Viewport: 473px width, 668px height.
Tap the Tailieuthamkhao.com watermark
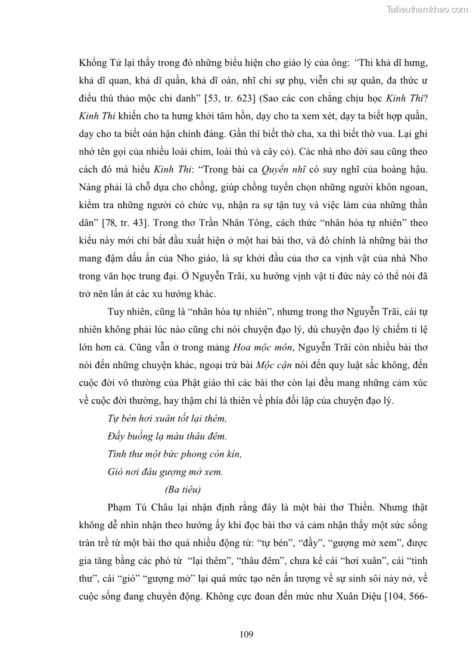pyautogui.click(x=427, y=9)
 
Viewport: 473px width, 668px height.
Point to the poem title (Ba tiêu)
pyautogui.click(x=183, y=490)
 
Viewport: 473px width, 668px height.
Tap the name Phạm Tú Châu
pyautogui.click(x=139, y=507)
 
